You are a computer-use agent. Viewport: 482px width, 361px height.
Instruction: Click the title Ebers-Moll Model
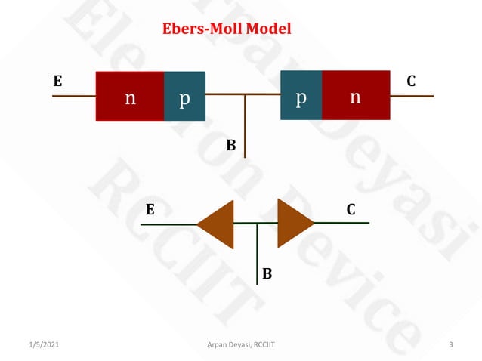click(227, 29)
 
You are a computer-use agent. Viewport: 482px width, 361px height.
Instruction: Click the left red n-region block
click(130, 96)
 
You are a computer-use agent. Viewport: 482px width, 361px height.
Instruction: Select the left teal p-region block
click(184, 96)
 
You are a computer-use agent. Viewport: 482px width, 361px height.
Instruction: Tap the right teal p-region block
click(301, 96)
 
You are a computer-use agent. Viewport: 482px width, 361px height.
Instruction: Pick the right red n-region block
click(356, 96)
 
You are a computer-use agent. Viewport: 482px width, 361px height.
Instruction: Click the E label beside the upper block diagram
click(57, 81)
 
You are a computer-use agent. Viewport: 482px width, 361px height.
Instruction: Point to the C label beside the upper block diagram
click(411, 81)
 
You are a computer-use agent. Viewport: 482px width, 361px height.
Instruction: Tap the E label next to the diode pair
click(150, 209)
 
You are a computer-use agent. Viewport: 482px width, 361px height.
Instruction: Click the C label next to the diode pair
click(352, 209)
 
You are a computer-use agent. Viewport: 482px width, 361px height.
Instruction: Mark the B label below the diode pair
click(267, 272)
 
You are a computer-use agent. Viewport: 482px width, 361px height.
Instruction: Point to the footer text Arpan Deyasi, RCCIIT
click(241, 345)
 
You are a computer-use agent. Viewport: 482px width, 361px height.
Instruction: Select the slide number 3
click(450, 345)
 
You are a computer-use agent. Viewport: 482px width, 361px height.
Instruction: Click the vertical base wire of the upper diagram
click(245, 128)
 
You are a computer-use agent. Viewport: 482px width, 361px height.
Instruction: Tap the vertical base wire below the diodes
click(258, 257)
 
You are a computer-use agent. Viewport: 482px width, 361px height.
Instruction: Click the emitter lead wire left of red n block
click(74, 96)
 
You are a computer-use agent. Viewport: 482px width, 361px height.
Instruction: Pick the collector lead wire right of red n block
click(412, 96)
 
